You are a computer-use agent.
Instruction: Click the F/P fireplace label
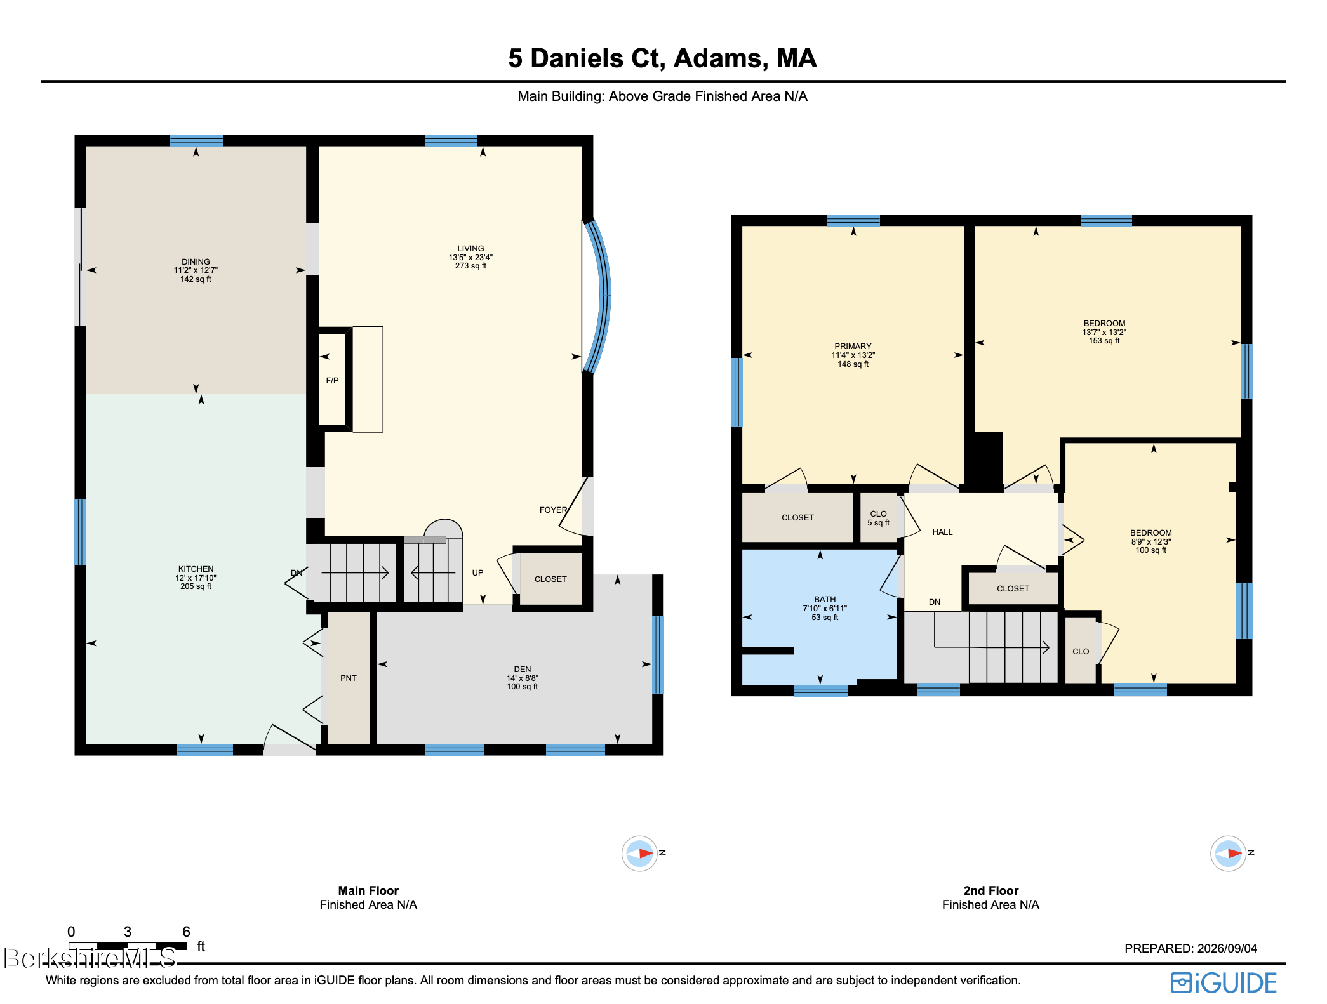pos(332,381)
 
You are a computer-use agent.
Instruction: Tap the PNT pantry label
pos(349,678)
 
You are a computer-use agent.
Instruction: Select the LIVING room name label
pos(470,249)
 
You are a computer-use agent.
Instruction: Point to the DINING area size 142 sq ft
pos(196,279)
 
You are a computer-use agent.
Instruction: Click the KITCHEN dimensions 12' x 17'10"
pos(196,578)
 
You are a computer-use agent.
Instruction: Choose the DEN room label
pos(523,670)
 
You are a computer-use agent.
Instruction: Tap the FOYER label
pos(553,510)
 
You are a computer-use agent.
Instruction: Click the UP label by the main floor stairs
pos(477,572)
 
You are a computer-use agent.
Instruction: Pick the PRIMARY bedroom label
pos(853,347)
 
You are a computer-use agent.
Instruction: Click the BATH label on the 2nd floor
pos(825,600)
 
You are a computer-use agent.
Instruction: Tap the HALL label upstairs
pos(942,532)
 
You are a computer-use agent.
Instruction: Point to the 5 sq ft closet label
pos(878,523)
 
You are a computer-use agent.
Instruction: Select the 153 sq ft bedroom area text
pos(1104,341)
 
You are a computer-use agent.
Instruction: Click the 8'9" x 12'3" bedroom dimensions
pos(1150,541)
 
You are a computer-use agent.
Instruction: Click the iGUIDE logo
pos(1224,983)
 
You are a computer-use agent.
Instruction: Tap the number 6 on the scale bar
pos(186,932)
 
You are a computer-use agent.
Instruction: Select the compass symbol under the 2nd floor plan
pos(1228,854)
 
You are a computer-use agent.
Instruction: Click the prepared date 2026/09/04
pos(1227,948)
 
